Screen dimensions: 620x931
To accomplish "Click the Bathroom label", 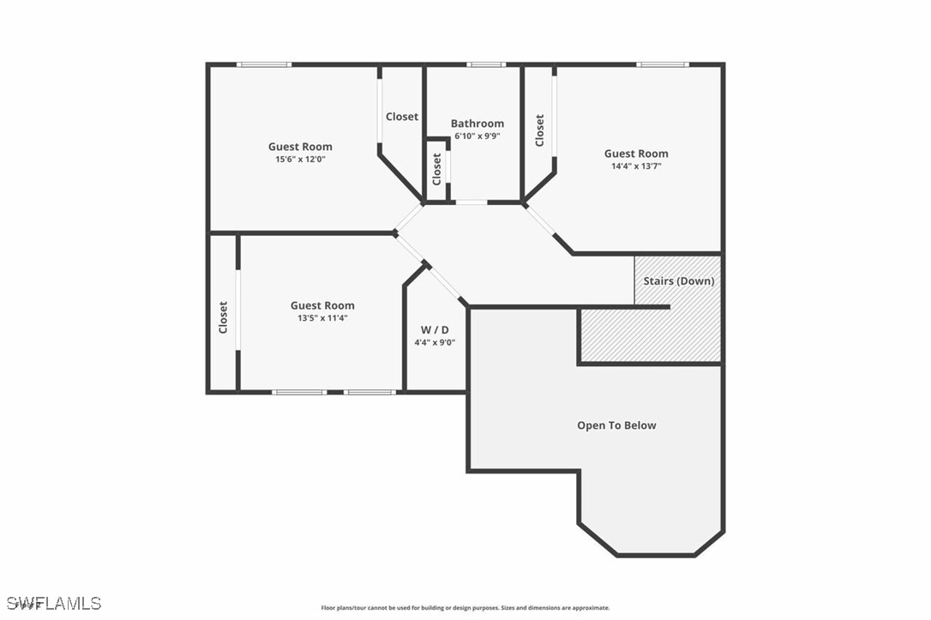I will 478,123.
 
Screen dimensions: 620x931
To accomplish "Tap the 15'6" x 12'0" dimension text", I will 300,160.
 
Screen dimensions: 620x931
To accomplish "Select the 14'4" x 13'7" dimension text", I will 636,166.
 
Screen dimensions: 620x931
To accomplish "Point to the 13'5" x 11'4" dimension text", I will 322,318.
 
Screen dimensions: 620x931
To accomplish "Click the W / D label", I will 435,329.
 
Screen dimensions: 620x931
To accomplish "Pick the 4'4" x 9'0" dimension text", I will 435,342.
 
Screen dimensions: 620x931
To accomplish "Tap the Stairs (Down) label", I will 679,281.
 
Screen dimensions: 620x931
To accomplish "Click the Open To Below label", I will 616,425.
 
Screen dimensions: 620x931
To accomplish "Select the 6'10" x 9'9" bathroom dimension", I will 478,136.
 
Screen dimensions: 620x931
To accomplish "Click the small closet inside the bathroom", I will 437,169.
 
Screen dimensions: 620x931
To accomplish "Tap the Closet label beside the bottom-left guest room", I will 223,316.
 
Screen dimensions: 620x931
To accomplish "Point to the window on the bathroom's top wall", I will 486,64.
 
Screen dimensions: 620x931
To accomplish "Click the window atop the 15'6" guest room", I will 264,64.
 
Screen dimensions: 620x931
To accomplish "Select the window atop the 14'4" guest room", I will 662,64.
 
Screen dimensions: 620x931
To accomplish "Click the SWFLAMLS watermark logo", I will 51,603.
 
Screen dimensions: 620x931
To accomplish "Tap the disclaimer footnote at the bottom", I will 465,608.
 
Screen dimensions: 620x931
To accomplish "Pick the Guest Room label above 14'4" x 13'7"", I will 636,154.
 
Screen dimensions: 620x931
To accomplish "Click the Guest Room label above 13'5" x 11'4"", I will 322,305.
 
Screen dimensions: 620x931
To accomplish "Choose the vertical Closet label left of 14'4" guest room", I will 539,130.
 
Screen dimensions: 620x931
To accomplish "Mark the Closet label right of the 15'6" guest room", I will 402,117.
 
